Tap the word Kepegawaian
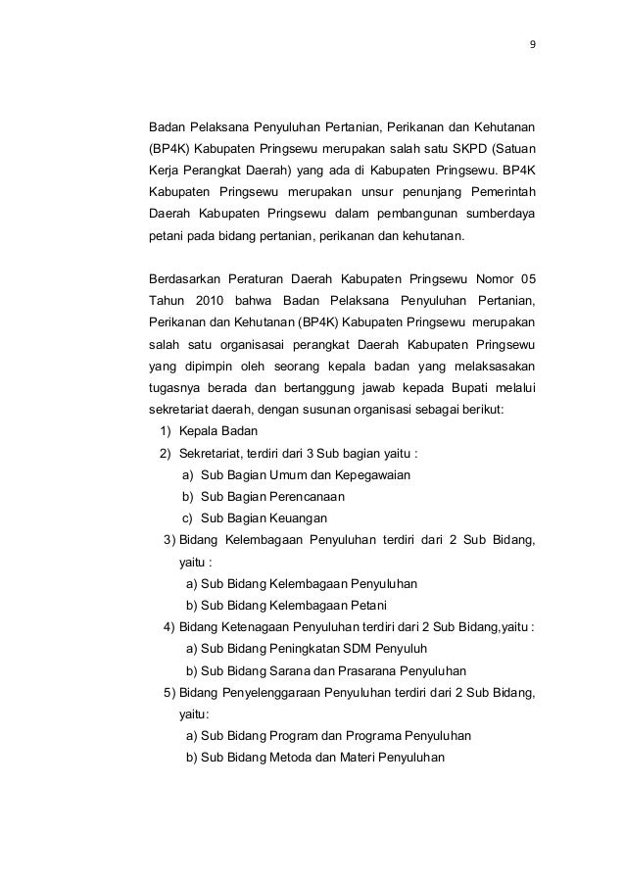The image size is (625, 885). [x=372, y=475]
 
